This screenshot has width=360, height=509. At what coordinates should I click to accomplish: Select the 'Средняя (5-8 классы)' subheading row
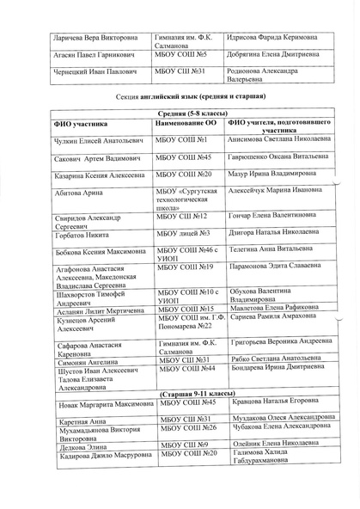click(186, 115)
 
